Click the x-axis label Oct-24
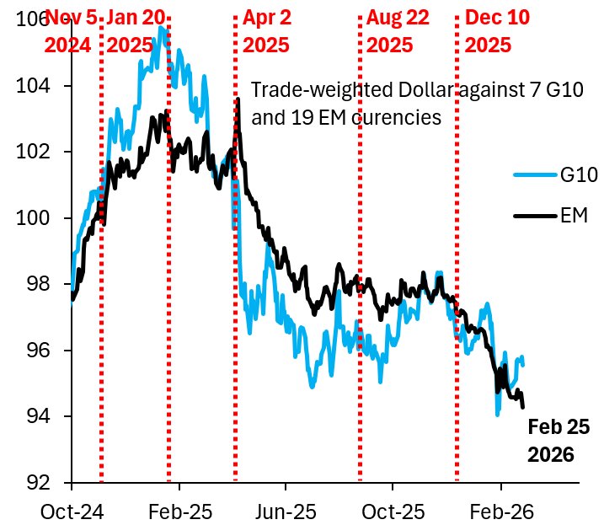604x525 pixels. click(x=72, y=511)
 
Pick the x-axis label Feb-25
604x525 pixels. click(x=179, y=511)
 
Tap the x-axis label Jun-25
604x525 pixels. click(x=286, y=511)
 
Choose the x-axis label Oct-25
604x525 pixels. click(x=393, y=511)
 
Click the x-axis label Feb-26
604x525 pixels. click(x=501, y=511)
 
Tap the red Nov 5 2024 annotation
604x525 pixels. click(x=68, y=29)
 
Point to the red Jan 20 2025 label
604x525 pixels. click(x=134, y=29)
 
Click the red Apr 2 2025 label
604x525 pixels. click(x=267, y=29)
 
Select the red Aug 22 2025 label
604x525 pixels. click(x=398, y=29)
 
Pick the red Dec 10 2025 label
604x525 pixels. click(x=497, y=29)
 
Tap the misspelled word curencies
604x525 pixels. click(x=395, y=118)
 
